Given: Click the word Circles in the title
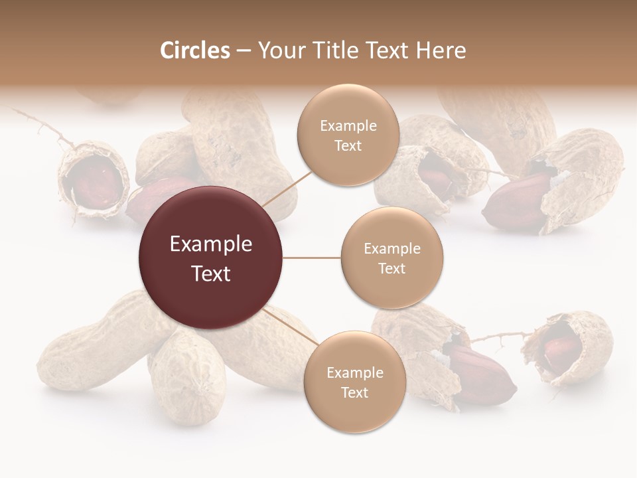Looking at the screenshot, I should [x=194, y=50].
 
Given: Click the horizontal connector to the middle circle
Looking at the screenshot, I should [x=312, y=258].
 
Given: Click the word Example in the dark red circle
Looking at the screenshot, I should [x=211, y=244].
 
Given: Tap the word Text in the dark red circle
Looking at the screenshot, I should [x=211, y=274].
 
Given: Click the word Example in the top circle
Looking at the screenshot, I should [x=348, y=126].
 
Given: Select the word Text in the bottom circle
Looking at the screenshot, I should [x=354, y=392].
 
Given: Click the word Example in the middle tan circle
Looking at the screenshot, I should [x=391, y=249].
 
